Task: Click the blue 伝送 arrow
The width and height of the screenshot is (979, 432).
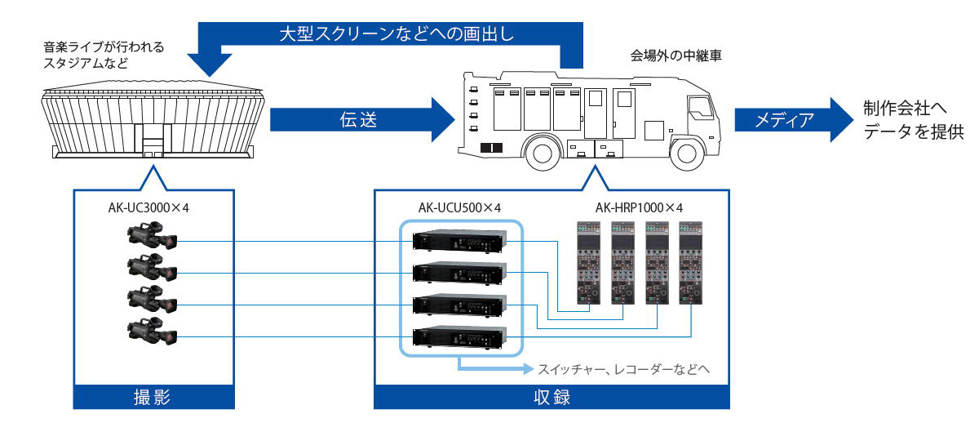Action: [359, 120]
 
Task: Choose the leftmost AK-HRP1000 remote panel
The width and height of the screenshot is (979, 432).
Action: [587, 263]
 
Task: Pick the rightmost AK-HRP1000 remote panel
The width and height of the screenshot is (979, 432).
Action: [690, 263]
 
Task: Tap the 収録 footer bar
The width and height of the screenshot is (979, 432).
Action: [552, 398]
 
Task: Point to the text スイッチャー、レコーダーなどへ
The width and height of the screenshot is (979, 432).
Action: [622, 369]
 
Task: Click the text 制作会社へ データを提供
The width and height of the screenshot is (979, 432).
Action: [914, 119]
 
